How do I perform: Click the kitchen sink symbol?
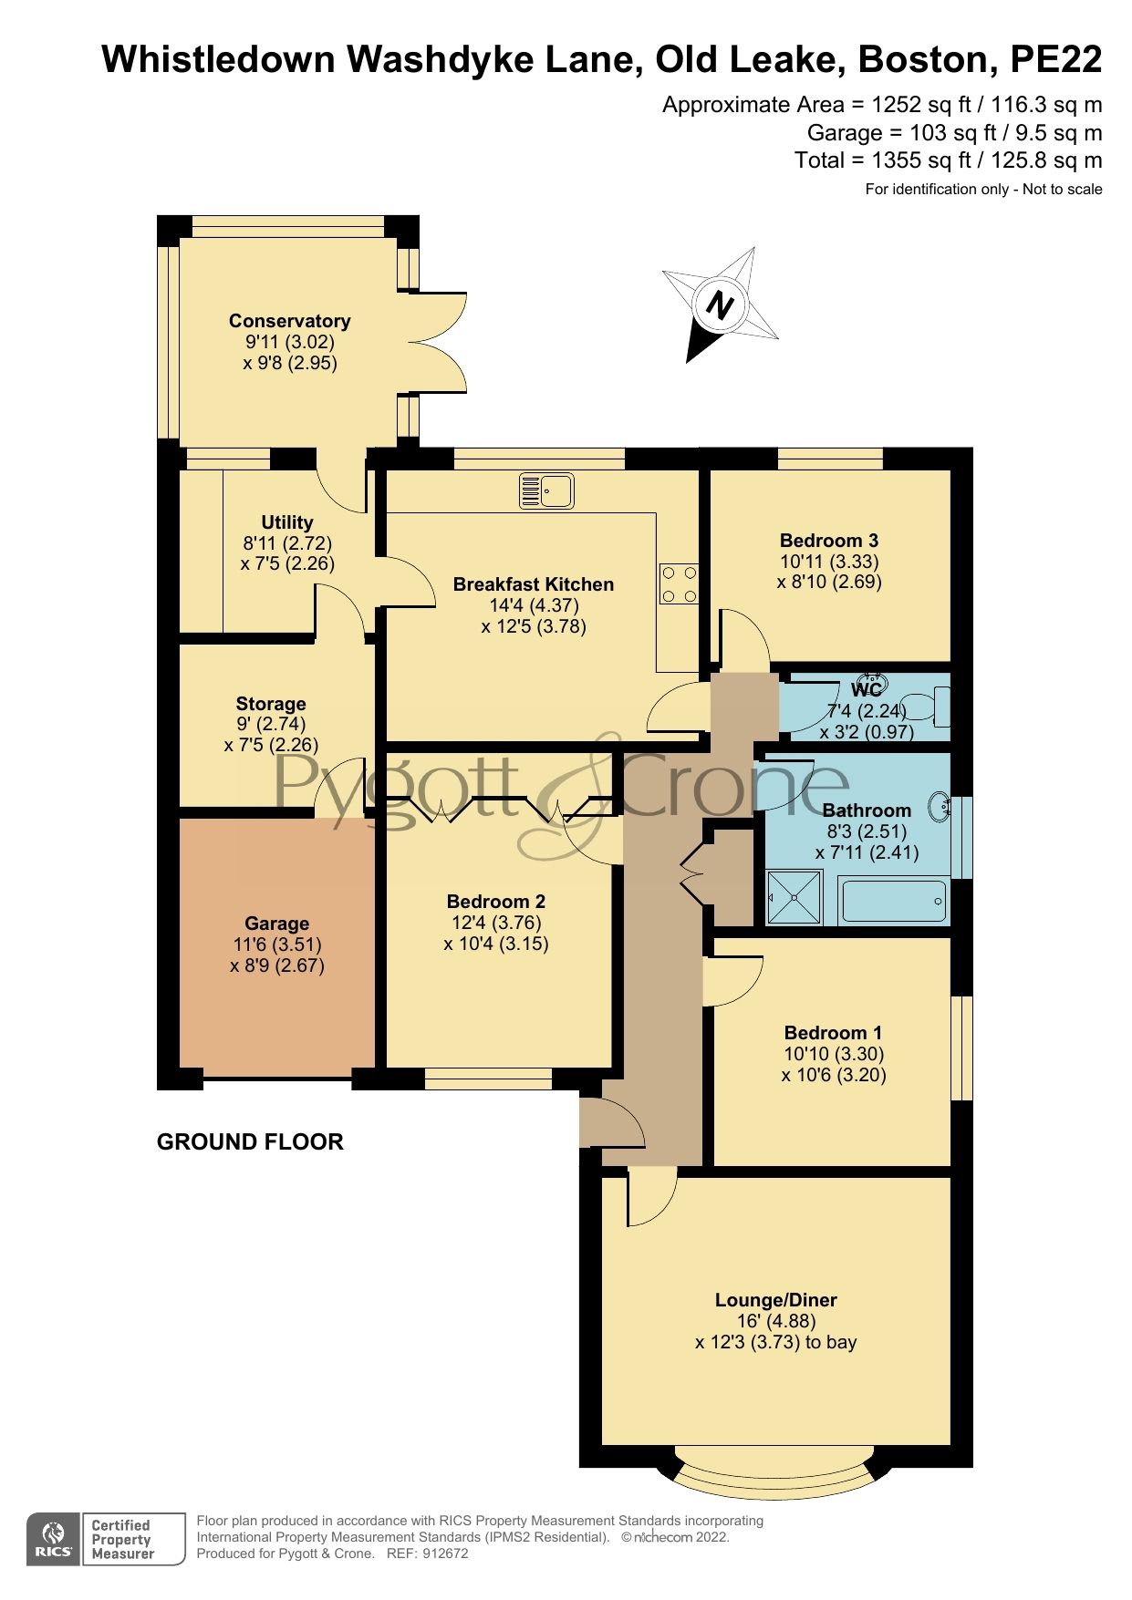pos(546,490)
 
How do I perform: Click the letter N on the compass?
pos(721,305)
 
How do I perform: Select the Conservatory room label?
pos(289,321)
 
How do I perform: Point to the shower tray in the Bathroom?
pos(794,897)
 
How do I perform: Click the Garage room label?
pos(276,924)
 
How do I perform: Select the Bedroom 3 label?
pos(828,541)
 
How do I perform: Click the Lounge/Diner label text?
pos(775,1300)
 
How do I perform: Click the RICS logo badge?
pos(55,1540)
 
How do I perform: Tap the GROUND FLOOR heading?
pos(250,1142)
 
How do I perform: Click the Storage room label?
pos(271,704)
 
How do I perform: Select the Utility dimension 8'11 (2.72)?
pos(287,543)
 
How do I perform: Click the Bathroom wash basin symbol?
pos(939,807)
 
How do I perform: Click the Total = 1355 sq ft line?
pos(948,161)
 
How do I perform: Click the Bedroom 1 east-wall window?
pos(962,1048)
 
